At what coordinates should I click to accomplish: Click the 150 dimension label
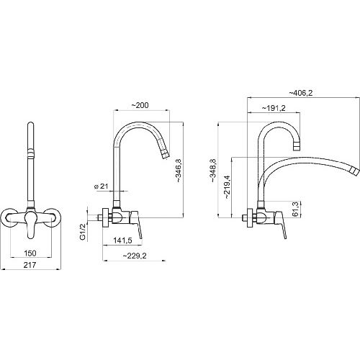pyautogui.click(x=30, y=253)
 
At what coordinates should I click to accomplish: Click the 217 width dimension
pyautogui.click(x=30, y=265)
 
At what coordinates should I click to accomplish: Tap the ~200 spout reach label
pyautogui.click(x=140, y=105)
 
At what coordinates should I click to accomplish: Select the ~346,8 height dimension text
pyautogui.click(x=179, y=171)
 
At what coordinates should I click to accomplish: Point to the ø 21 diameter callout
pyautogui.click(x=102, y=186)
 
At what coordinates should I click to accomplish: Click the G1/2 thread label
pyautogui.click(x=83, y=232)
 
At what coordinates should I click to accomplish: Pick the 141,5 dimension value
pyautogui.click(x=122, y=240)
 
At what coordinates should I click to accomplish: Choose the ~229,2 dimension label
pyautogui.click(x=135, y=256)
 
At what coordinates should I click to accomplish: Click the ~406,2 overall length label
pyautogui.click(x=301, y=93)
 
